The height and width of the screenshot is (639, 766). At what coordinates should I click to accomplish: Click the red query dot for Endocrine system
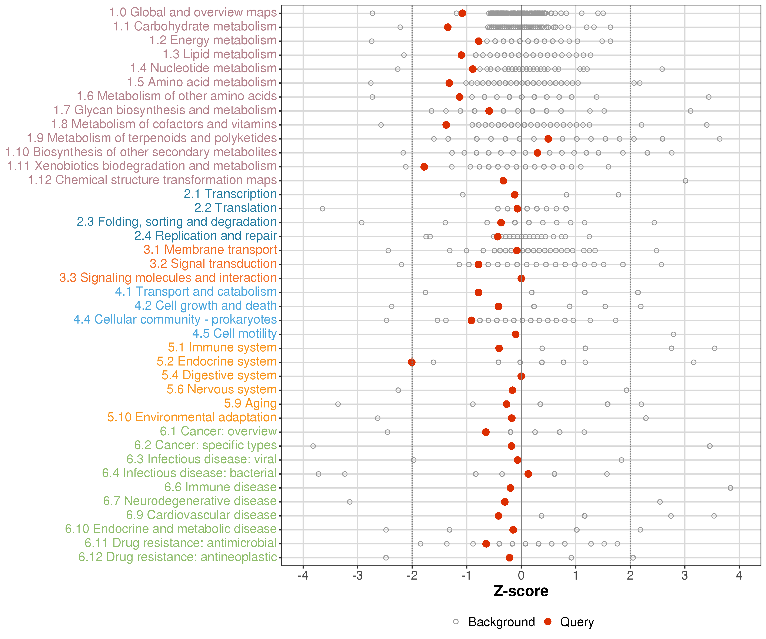point(412,362)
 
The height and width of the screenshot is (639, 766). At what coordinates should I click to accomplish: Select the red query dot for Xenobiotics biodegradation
point(424,167)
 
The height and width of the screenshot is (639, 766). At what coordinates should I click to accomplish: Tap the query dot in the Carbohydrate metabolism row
point(447,27)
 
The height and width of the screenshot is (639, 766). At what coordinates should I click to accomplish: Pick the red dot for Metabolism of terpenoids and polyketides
point(548,139)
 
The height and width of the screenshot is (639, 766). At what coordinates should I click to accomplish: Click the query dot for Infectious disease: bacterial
point(528,474)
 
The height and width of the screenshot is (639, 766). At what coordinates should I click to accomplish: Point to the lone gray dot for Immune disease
point(730,488)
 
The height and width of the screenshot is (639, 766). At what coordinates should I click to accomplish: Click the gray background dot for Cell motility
point(673,334)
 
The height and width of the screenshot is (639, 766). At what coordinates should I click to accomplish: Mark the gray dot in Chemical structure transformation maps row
point(685,181)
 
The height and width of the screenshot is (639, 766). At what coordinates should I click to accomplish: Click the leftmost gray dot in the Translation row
point(322,209)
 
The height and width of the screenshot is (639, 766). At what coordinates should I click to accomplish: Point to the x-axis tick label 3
point(685,576)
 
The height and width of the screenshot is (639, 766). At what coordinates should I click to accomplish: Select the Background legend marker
point(456,622)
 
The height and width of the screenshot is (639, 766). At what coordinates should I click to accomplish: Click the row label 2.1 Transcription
point(230,194)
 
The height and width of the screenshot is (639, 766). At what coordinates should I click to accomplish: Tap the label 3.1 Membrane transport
point(210,250)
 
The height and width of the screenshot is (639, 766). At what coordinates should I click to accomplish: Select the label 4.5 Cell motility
point(234,333)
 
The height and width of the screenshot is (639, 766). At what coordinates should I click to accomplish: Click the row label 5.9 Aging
point(250,403)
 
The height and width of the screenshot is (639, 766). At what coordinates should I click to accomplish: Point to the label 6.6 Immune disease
point(220,487)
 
